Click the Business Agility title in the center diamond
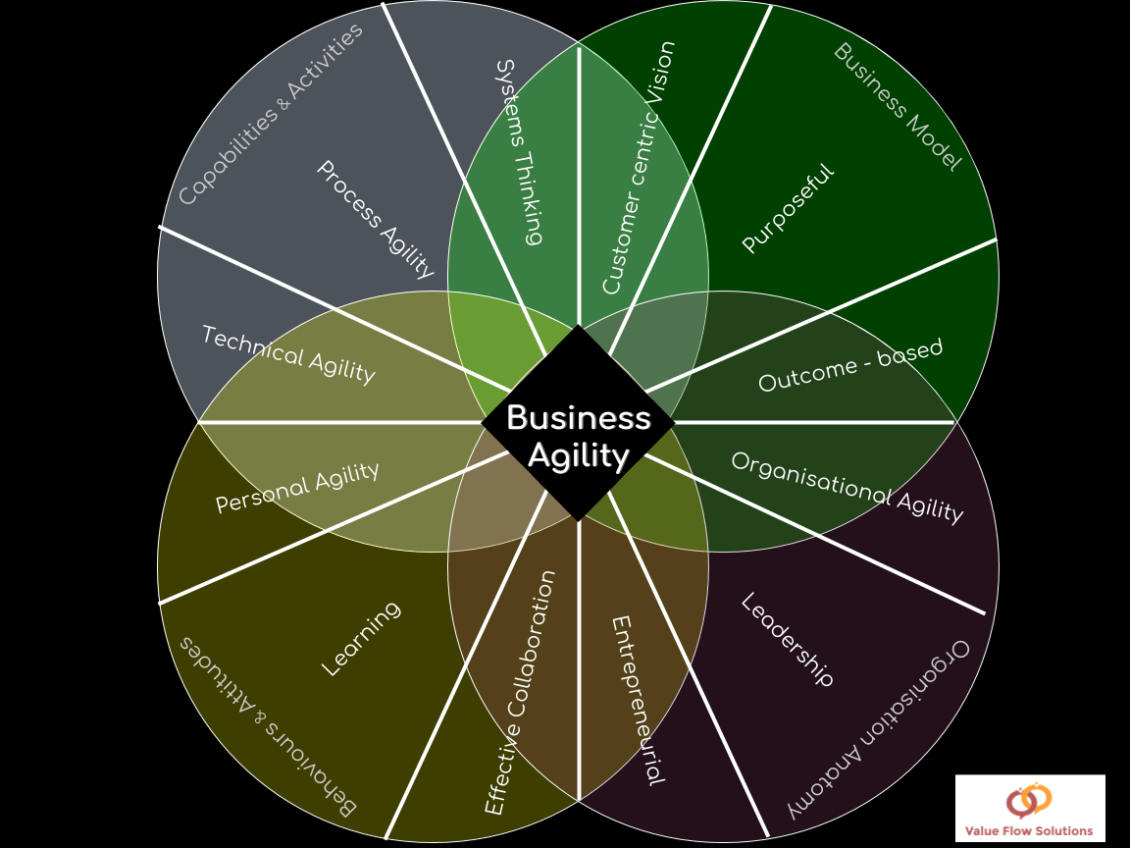(579, 437)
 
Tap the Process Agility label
(377, 219)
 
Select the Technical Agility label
(289, 354)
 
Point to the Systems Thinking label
(520, 152)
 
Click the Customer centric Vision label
(639, 167)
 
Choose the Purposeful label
(789, 209)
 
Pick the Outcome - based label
(850, 365)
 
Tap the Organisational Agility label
(847, 488)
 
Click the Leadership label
(788, 639)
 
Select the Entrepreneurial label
(638, 700)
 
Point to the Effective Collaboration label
(520, 693)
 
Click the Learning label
(360, 639)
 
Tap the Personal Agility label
(297, 488)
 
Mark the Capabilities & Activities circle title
(271, 115)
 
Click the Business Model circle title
(898, 107)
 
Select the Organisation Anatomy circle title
(879, 730)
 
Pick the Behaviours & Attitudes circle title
(268, 727)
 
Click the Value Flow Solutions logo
(1030, 809)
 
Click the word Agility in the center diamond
(579, 456)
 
